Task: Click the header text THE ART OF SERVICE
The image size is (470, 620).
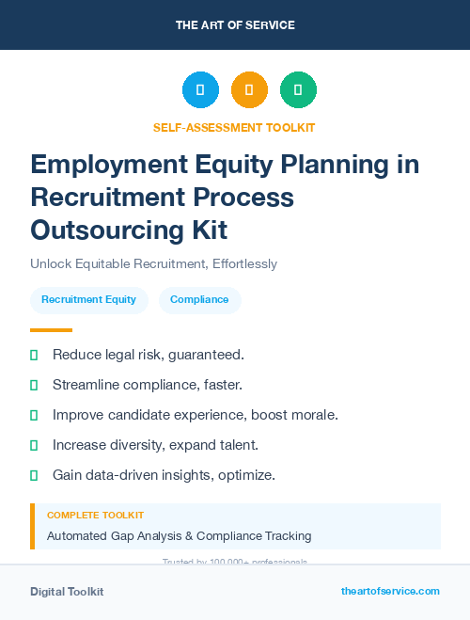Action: point(235,25)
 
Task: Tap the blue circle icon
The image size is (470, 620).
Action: point(200,90)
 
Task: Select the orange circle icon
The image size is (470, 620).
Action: point(249,90)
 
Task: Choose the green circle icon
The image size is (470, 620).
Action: point(298,90)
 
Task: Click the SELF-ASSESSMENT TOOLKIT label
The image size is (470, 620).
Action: point(235,127)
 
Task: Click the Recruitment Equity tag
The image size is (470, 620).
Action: point(88,299)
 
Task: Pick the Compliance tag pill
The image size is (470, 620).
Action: point(199,299)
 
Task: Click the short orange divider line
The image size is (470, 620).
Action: point(51,330)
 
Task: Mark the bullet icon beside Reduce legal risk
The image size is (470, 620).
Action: point(34,355)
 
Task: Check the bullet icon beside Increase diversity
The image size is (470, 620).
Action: point(34,445)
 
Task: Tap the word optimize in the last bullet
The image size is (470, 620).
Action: point(246,475)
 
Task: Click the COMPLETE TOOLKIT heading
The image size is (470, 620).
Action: point(95,516)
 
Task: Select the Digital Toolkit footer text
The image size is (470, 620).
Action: point(67,592)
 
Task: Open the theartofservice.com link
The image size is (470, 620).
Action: point(390,591)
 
